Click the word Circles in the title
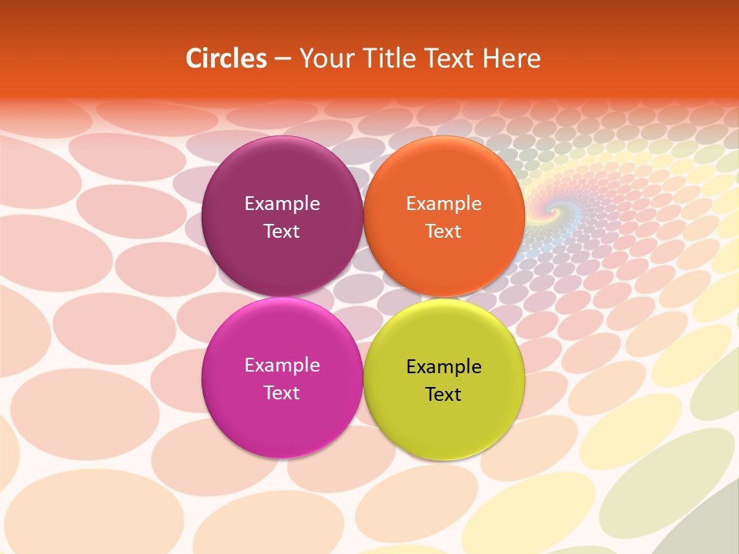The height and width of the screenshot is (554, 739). (226, 58)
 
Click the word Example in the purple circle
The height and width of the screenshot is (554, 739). (282, 204)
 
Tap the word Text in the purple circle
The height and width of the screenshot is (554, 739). (282, 232)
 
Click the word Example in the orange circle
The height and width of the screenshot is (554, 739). (443, 204)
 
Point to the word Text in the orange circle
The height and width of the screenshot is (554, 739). (443, 232)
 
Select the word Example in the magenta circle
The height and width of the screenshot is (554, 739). (282, 365)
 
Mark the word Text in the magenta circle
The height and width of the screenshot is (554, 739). (282, 393)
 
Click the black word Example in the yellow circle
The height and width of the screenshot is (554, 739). (443, 367)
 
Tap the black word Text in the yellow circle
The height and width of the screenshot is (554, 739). (443, 395)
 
